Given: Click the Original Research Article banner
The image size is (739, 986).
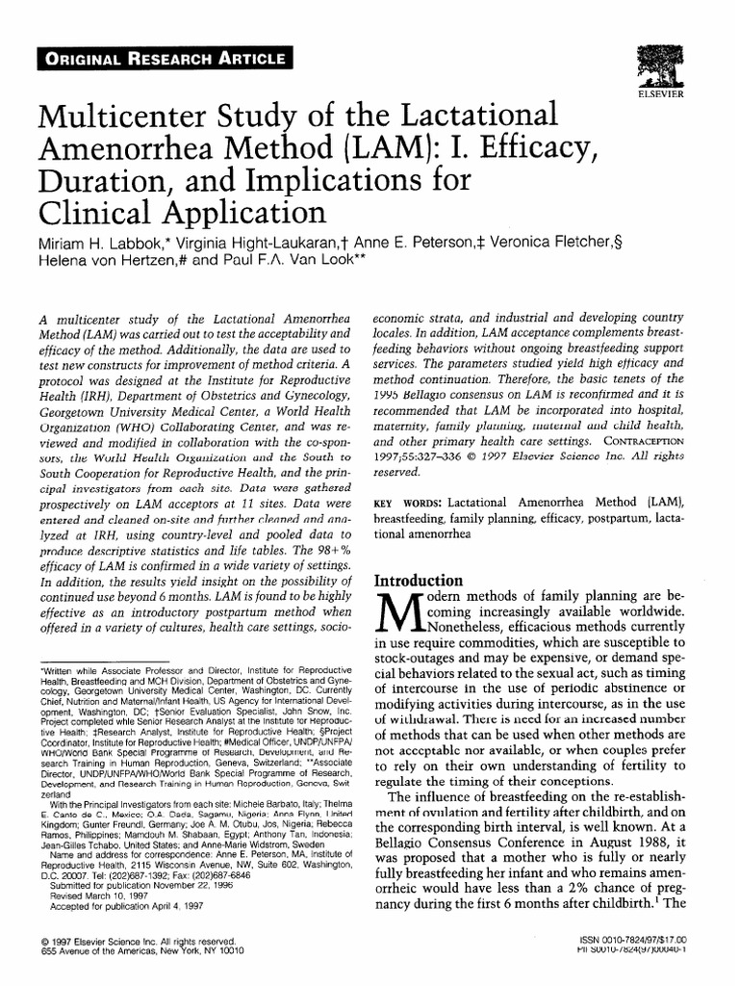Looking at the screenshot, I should coord(162,59).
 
